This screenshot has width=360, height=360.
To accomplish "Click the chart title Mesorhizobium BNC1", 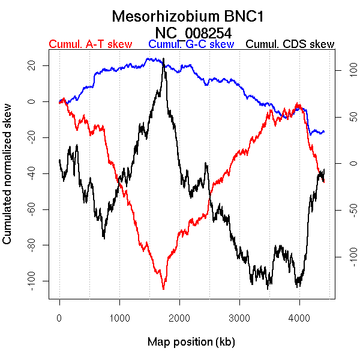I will tap(179, 16).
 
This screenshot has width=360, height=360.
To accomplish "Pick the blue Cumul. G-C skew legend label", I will tap(191, 44).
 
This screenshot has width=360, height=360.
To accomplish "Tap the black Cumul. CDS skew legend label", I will tap(290, 44).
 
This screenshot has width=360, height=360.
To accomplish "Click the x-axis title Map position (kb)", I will tap(191, 342).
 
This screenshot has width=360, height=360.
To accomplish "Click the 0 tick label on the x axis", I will tap(59, 318).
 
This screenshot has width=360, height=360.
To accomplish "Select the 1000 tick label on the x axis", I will tap(119, 318).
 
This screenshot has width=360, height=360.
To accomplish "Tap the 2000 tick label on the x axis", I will tap(179, 318).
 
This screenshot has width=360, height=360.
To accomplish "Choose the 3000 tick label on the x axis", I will tap(239, 318).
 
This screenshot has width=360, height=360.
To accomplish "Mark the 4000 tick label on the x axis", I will tap(299, 318).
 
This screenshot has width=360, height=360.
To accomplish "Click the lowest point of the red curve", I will tap(163, 289).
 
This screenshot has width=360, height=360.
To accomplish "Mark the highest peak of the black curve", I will tap(163, 59).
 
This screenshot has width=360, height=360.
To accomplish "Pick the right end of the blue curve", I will tap(324, 131).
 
